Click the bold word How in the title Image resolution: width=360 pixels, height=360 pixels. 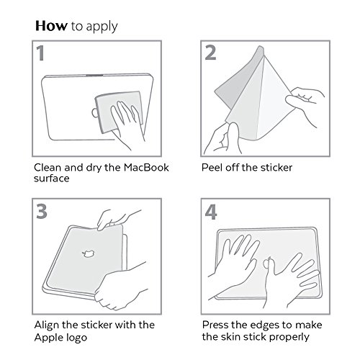[x=51, y=26]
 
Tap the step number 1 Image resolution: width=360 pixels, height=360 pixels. [x=40, y=53]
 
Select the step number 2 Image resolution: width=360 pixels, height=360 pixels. [x=210, y=53]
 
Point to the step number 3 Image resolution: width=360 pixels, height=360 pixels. [x=42, y=211]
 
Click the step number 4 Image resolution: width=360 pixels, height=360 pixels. [x=211, y=212]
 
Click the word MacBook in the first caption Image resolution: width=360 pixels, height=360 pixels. [x=146, y=168]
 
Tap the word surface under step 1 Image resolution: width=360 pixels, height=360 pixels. [x=52, y=179]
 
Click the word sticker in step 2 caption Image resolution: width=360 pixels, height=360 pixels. [x=276, y=168]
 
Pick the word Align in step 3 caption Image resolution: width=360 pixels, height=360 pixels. [x=47, y=325]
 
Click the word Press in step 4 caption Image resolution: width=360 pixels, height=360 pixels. [x=215, y=325]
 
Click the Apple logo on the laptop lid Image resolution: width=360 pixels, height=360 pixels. [x=88, y=253]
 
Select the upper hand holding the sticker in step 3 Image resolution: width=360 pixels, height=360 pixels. [x=115, y=220]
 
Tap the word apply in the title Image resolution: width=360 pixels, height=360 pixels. [x=102, y=27]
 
